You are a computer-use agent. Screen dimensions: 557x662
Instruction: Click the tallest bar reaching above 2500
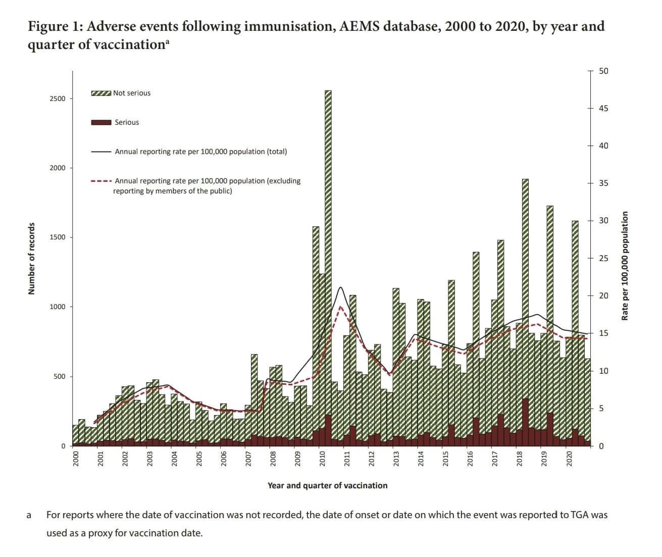click(328, 252)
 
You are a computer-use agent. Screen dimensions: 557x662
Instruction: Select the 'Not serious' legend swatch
click(101, 93)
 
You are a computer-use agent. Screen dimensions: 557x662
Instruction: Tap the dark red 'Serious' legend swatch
click(101, 123)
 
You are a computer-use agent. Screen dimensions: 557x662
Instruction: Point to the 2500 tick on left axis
click(58, 99)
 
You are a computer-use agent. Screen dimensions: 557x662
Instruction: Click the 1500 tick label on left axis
click(58, 237)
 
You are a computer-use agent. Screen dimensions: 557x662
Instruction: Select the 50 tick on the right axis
click(603, 71)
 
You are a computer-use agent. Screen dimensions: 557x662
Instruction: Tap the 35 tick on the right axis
click(603, 183)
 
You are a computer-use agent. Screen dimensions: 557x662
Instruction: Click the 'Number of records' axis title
click(32, 259)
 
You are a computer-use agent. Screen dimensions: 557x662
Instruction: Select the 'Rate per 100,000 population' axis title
click(625, 266)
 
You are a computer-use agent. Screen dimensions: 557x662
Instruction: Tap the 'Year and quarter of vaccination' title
click(327, 486)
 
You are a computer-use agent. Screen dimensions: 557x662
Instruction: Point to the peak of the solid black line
click(341, 287)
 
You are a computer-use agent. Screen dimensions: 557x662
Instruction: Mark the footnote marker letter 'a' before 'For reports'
click(29, 516)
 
